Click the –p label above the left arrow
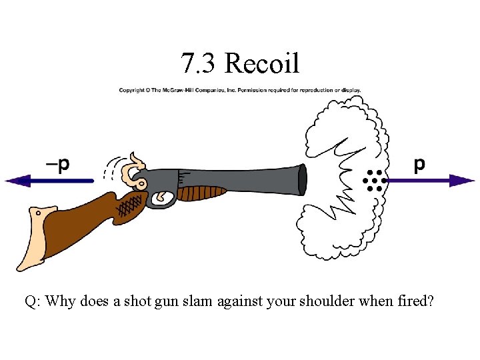pyautogui.click(x=57, y=164)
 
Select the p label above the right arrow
pyautogui.click(x=419, y=164)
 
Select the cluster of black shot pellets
pyautogui.click(x=375, y=180)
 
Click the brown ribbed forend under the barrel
pyautogui.click(x=203, y=193)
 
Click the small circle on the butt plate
pyautogui.click(x=38, y=213)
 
